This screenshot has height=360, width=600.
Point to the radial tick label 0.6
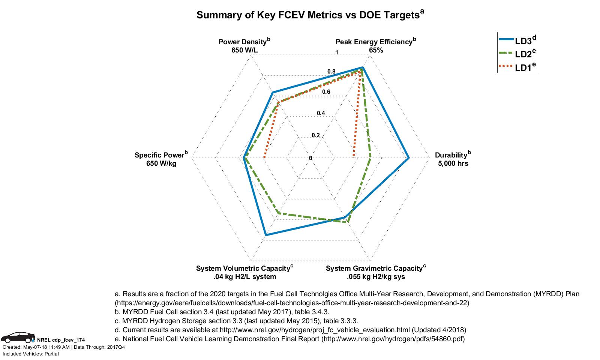[x=326, y=92]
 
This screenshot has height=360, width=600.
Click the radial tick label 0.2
[x=316, y=135]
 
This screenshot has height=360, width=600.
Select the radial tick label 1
[x=337, y=52]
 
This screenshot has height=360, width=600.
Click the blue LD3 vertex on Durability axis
[x=409, y=158]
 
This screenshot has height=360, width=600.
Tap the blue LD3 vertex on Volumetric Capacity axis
[x=265, y=235]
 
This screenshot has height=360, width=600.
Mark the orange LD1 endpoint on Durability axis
[x=354, y=155]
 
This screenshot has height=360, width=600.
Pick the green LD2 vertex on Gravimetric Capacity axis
[x=348, y=222]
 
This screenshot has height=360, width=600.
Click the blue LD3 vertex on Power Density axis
[x=273, y=92]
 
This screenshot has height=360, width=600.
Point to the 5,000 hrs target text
[x=453, y=163]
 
